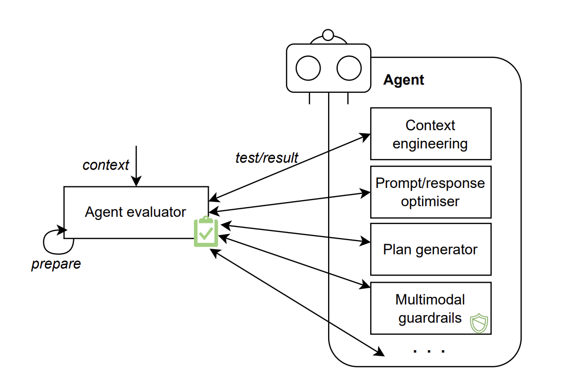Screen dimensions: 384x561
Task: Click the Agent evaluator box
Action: click(x=135, y=212)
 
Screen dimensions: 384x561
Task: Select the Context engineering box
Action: click(x=430, y=134)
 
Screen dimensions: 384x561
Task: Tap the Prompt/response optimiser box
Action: click(x=430, y=192)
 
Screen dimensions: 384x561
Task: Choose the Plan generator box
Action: click(x=430, y=249)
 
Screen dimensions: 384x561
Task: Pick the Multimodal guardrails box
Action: click(x=430, y=308)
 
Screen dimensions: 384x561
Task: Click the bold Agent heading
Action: click(x=404, y=80)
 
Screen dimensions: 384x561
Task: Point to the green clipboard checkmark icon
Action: click(x=206, y=232)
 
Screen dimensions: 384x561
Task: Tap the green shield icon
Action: click(x=478, y=323)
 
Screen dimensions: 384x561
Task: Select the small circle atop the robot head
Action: click(x=328, y=35)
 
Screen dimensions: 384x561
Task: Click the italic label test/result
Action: click(x=267, y=158)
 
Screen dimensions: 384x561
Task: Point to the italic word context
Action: click(x=106, y=165)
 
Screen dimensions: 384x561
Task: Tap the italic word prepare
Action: click(x=56, y=264)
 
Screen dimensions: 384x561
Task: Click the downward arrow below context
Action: click(x=136, y=167)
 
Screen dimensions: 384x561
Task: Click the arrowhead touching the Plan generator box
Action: click(x=366, y=242)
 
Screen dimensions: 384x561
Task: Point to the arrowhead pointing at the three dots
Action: click(x=378, y=351)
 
